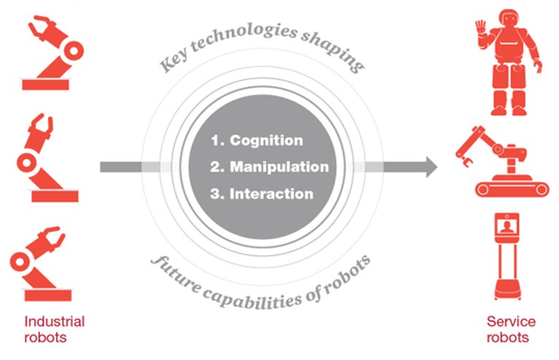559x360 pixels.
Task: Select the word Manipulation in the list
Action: click(280, 167)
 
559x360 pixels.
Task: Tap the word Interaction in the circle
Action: click(271, 194)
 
